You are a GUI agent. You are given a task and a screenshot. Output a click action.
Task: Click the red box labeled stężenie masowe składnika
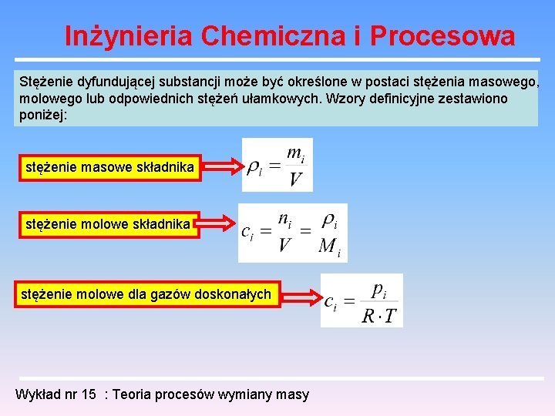click(x=109, y=166)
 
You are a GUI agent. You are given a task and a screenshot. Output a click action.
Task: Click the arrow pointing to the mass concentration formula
click(x=221, y=166)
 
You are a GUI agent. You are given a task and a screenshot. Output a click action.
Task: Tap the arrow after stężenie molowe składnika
click(x=218, y=224)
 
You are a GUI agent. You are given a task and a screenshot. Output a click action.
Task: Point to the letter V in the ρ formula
click(x=295, y=180)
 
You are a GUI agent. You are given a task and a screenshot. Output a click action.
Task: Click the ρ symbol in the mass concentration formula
click(x=252, y=166)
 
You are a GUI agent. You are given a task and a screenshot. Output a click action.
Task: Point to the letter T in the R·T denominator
click(x=390, y=316)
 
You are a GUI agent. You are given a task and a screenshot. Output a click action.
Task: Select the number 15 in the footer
click(x=89, y=394)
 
